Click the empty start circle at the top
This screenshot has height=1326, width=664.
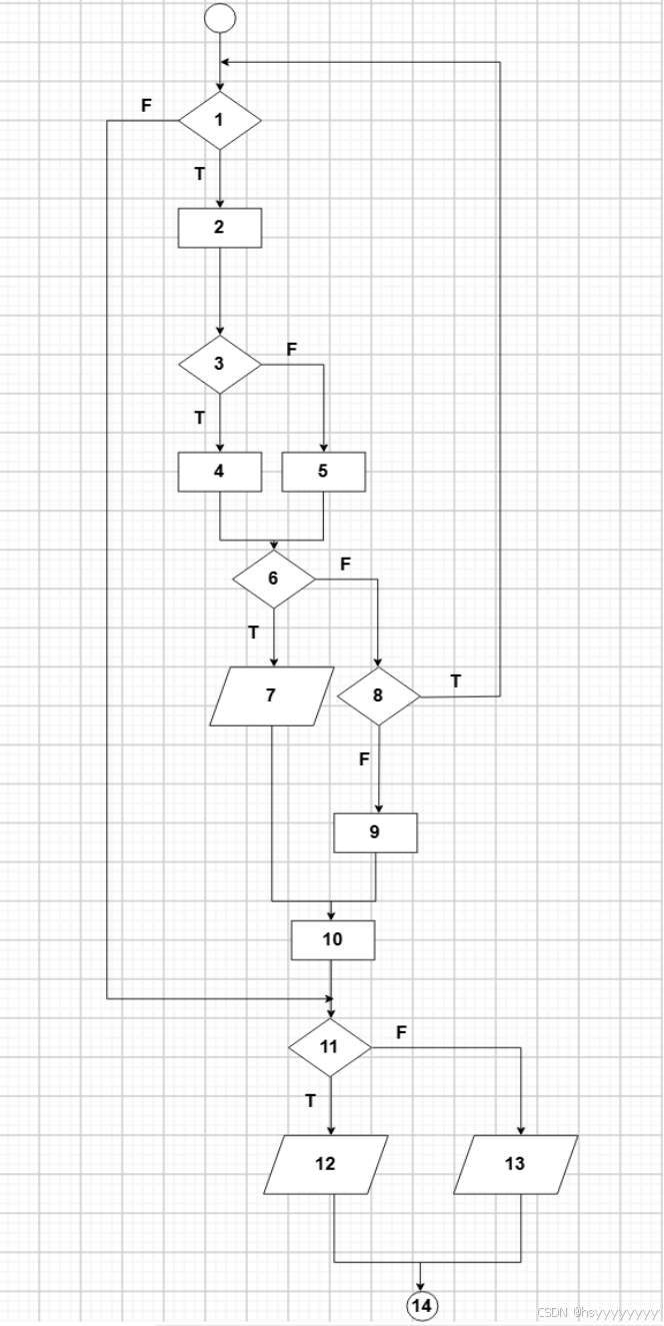coord(219,18)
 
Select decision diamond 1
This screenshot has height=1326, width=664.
coord(219,120)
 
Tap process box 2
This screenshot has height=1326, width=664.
coord(219,227)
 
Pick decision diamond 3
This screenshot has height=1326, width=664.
coord(219,363)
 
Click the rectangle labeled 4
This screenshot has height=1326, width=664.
coord(219,472)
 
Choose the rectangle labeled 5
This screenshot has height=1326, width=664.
coord(323,472)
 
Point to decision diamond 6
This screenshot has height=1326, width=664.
coord(273,580)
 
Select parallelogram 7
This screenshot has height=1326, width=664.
coord(272,695)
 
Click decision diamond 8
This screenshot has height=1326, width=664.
coord(378,695)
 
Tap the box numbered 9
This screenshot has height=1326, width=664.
coord(375,832)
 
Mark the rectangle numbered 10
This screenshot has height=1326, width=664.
coord(332,940)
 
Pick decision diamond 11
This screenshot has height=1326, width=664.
coord(330,1047)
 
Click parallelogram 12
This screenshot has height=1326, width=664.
coord(326,1165)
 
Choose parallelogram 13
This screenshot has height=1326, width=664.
coord(515,1165)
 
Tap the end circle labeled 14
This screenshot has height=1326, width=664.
coord(421,1305)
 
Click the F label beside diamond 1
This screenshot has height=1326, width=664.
coord(146,106)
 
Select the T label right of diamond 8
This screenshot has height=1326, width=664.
coord(456,681)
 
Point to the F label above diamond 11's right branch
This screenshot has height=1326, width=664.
coord(401,1032)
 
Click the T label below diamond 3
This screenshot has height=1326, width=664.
coord(199,418)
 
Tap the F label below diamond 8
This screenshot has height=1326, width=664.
coord(364,759)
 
